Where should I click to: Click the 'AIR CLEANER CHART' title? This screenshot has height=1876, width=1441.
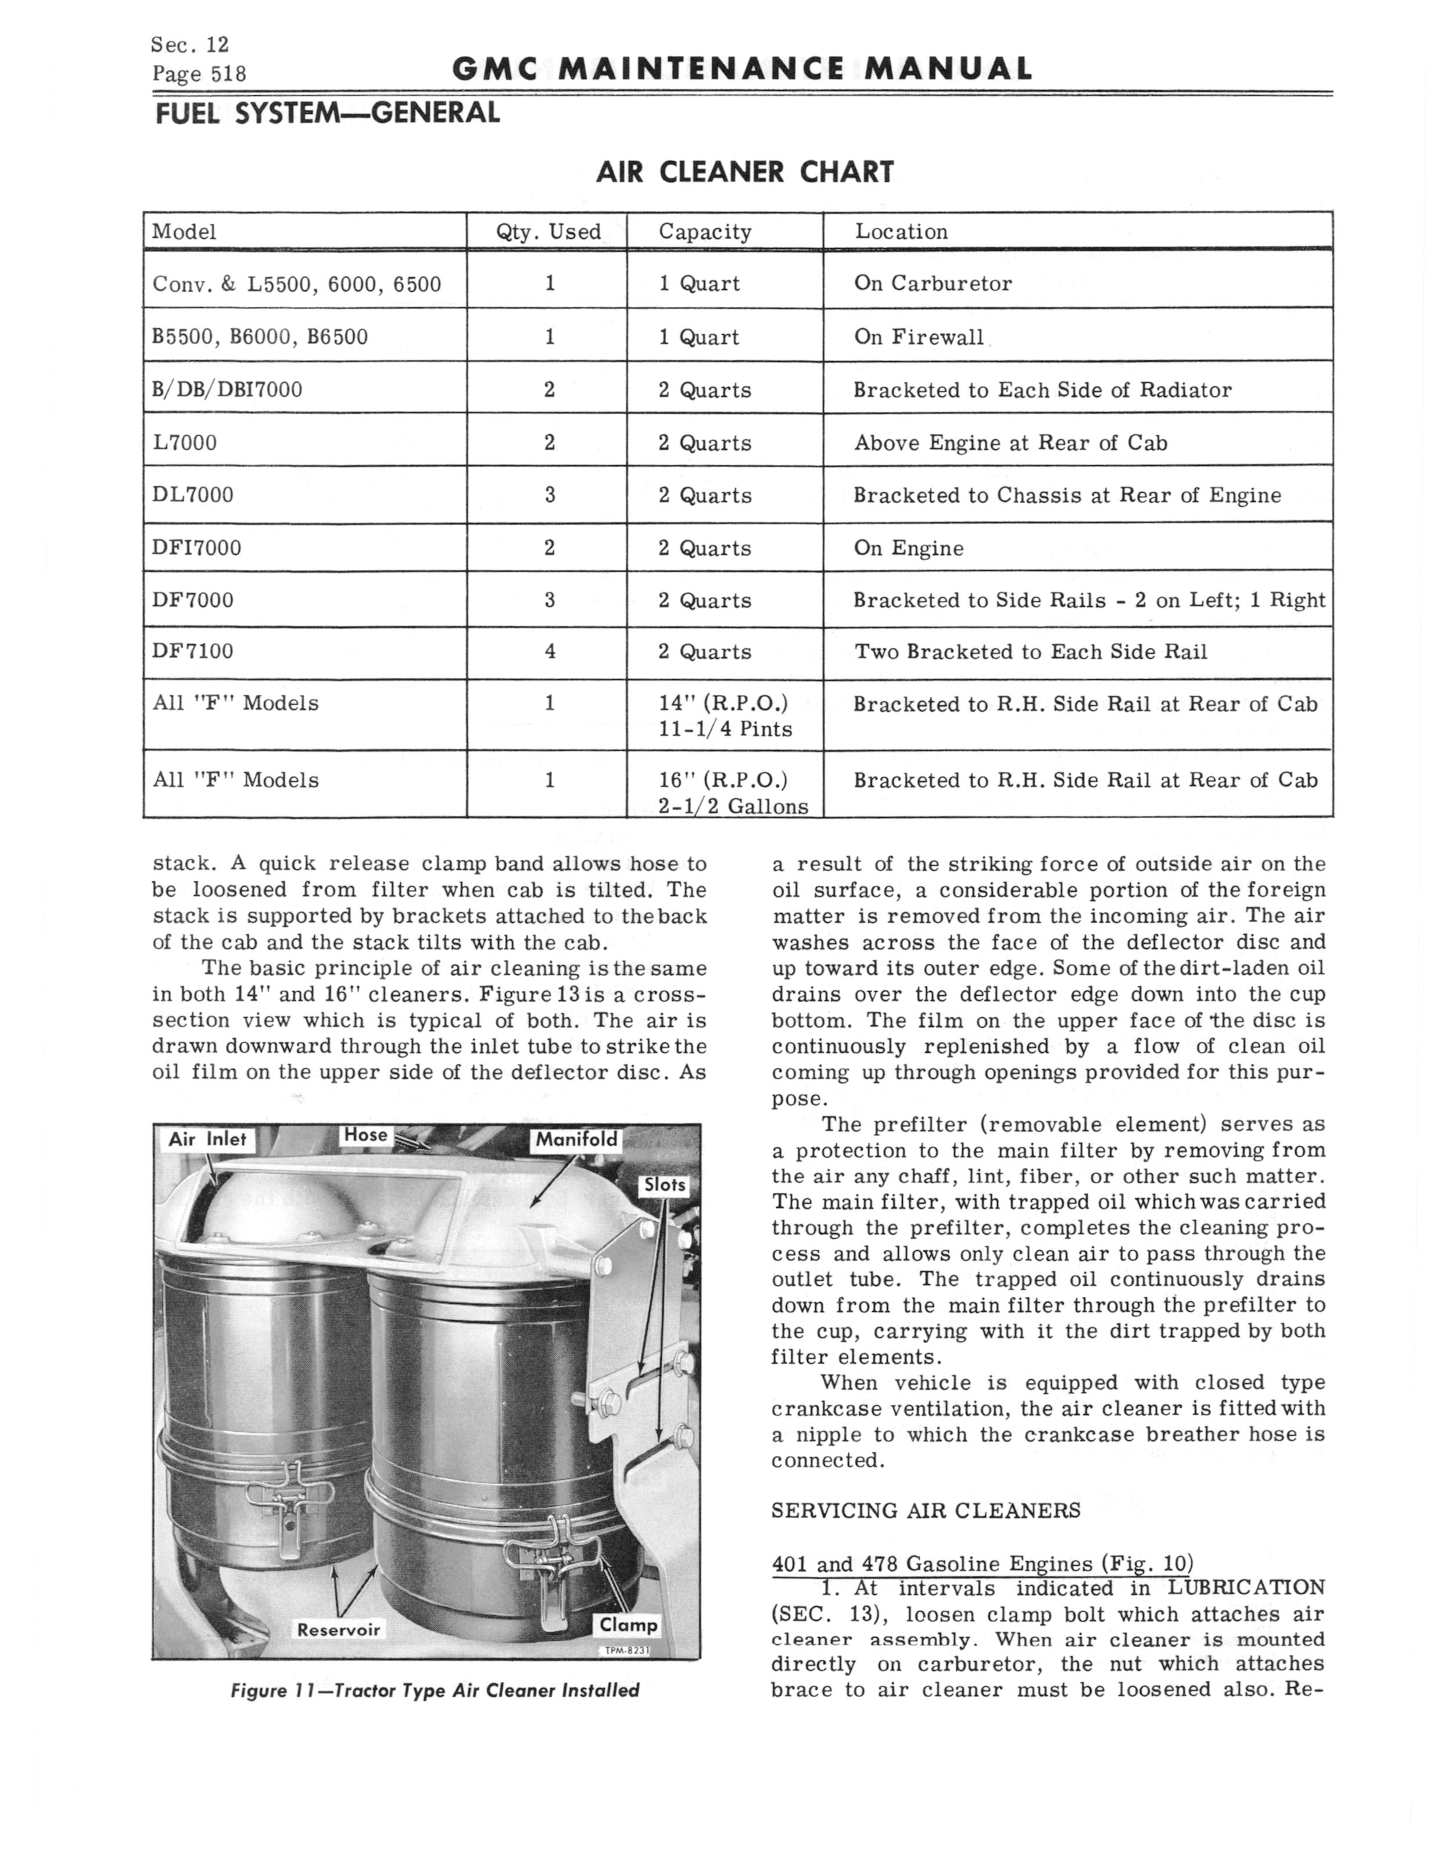click(744, 173)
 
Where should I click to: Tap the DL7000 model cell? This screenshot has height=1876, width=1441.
click(192, 495)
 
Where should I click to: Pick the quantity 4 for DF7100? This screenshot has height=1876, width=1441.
click(550, 652)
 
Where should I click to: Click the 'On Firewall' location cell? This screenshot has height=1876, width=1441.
click(919, 337)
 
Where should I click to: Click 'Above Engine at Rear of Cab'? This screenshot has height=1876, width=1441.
click(1010, 443)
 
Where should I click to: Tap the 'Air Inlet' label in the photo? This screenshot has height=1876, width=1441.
click(207, 1139)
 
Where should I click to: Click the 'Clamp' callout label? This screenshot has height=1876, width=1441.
click(629, 1626)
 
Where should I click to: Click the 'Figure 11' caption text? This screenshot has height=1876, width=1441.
click(434, 1690)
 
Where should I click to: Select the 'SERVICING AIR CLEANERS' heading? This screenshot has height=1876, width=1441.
click(926, 1510)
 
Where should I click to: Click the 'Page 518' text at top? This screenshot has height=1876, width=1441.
click(199, 74)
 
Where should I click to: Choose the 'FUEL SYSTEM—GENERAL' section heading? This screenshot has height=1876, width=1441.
click(326, 112)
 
